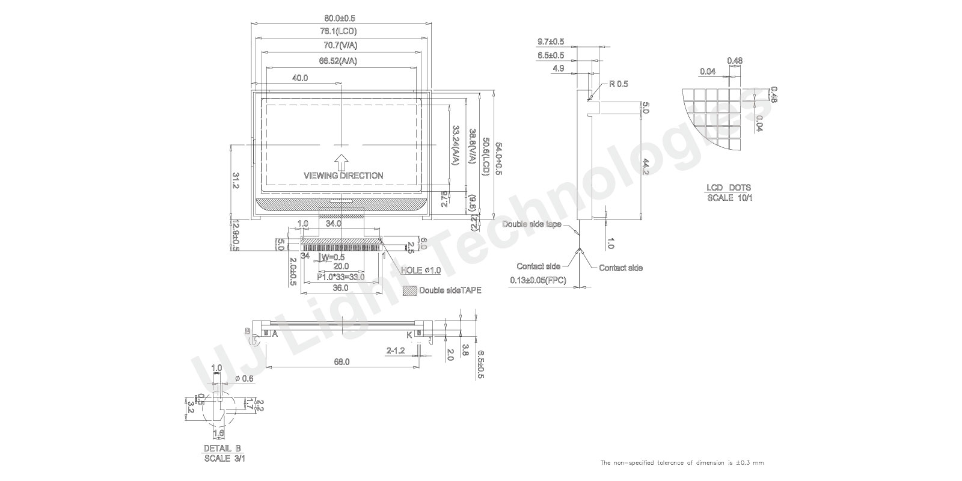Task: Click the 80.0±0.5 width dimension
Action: tap(340, 17)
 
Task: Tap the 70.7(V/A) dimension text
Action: tap(340, 46)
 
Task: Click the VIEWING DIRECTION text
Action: tap(343, 176)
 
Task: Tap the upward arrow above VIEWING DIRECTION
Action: tap(341, 161)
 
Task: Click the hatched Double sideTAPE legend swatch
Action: tap(409, 290)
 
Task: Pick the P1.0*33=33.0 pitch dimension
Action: tap(340, 277)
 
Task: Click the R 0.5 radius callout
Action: tap(618, 84)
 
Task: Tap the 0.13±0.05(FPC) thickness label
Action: tap(538, 280)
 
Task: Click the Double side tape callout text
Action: tap(532, 224)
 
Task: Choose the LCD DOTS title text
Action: tap(729, 188)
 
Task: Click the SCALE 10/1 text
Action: tap(729, 197)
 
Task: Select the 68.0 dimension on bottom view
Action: tap(342, 361)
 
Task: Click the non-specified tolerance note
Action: tap(682, 462)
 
